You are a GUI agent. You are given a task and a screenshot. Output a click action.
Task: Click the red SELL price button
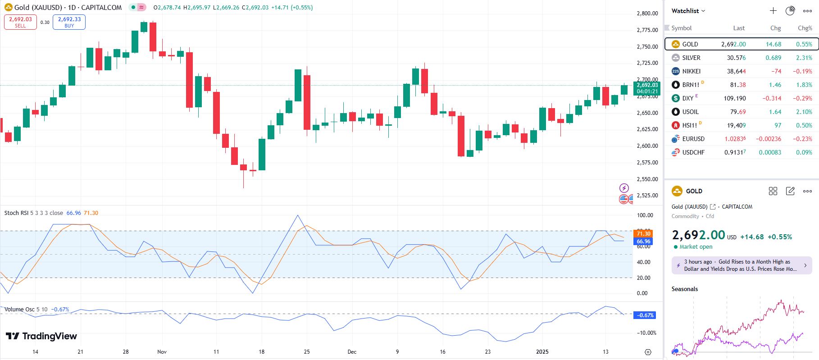click(x=20, y=22)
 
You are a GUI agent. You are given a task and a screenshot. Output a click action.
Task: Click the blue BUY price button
click(x=69, y=22)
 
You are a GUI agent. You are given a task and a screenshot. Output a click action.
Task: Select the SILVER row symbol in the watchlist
click(x=691, y=58)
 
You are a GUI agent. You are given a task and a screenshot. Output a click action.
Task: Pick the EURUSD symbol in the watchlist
click(x=693, y=139)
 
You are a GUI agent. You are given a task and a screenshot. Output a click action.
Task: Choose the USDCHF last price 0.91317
click(x=735, y=152)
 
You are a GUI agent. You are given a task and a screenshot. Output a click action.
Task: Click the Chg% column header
click(x=805, y=28)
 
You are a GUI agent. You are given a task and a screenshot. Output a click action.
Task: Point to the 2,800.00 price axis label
click(x=647, y=14)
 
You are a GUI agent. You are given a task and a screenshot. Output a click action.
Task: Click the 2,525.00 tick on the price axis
click(x=647, y=196)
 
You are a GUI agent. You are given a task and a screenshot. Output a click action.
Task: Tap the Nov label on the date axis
click(x=162, y=351)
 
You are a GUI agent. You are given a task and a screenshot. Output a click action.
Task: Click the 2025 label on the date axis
click(x=542, y=351)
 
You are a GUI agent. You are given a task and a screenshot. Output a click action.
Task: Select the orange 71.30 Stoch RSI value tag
click(x=643, y=233)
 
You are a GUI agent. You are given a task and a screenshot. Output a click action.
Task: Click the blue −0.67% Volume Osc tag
click(x=645, y=315)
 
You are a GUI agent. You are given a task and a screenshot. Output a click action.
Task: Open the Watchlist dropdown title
click(x=688, y=11)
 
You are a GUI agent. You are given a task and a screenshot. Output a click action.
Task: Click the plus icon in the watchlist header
click(x=773, y=11)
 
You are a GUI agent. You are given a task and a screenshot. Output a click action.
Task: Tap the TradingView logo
click(x=41, y=336)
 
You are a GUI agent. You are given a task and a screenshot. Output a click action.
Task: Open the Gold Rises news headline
click(x=741, y=265)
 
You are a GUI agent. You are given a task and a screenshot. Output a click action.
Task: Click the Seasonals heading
click(x=684, y=289)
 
